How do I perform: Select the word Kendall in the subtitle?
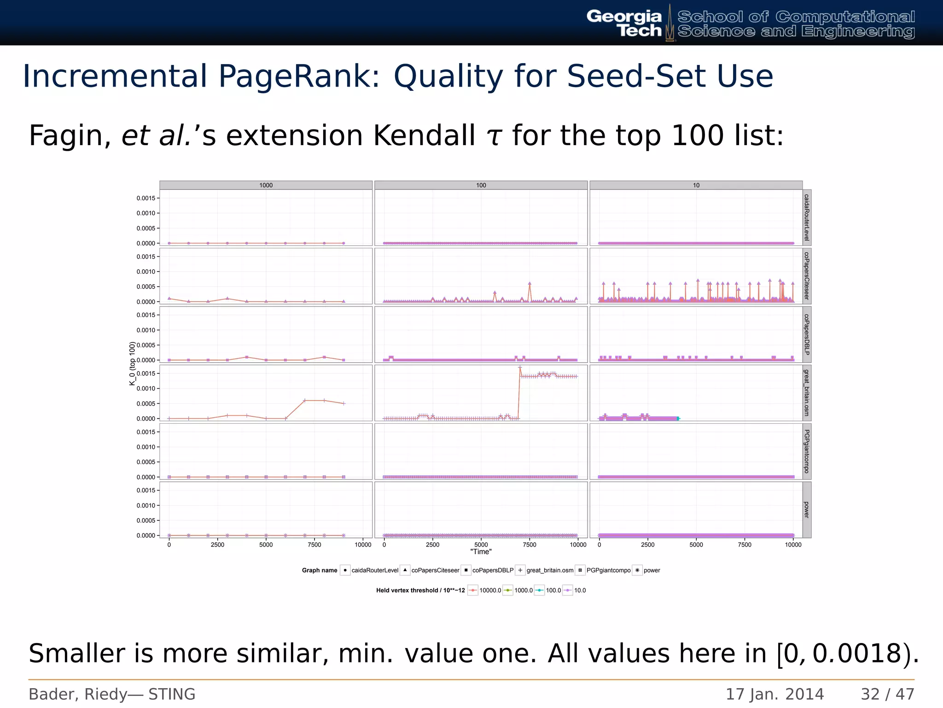(x=424, y=136)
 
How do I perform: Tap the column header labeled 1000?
(x=266, y=185)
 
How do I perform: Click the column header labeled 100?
(x=481, y=185)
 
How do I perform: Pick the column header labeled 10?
(x=696, y=185)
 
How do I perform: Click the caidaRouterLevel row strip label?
(x=806, y=217)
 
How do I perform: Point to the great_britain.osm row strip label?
(x=806, y=393)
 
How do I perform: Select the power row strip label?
(x=806, y=510)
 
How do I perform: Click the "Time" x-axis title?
(x=481, y=552)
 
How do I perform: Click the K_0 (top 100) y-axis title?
(x=132, y=364)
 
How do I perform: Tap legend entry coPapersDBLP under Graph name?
(x=492, y=571)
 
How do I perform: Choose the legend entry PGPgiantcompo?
(x=608, y=571)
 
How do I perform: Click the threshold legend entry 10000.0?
(x=490, y=590)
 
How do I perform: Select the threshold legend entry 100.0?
(x=553, y=590)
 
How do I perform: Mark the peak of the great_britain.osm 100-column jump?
(x=520, y=367)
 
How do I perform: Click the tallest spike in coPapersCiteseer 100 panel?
(x=530, y=283)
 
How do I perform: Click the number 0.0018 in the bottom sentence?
(x=856, y=654)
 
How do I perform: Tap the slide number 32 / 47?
(x=887, y=694)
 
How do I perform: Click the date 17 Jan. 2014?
(x=774, y=694)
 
